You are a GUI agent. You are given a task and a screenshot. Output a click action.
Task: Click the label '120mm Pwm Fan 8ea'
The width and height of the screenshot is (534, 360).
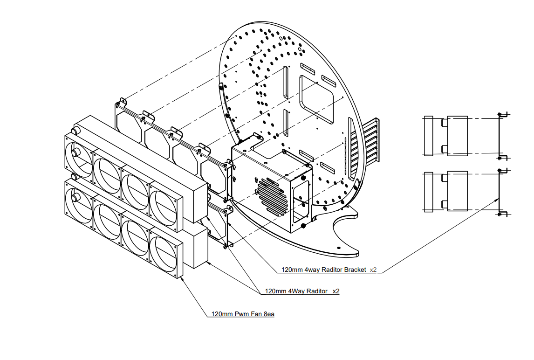pos(243,314)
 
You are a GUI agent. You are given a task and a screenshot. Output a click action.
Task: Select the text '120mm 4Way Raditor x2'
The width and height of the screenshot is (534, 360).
pos(302,291)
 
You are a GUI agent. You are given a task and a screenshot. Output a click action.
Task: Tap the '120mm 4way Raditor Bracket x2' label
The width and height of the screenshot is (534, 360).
pos(329,270)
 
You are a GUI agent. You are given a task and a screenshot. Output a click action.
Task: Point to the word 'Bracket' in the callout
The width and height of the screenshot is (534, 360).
pos(354,270)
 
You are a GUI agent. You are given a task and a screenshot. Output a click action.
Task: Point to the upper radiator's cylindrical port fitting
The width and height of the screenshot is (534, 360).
pos(75,128)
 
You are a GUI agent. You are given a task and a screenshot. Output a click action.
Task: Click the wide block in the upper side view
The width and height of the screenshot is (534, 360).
pos(457,136)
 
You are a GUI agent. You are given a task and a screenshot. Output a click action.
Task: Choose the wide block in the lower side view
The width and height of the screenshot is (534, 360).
pos(457,191)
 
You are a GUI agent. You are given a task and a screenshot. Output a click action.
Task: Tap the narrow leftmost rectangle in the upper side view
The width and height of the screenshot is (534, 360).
pos(428,136)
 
